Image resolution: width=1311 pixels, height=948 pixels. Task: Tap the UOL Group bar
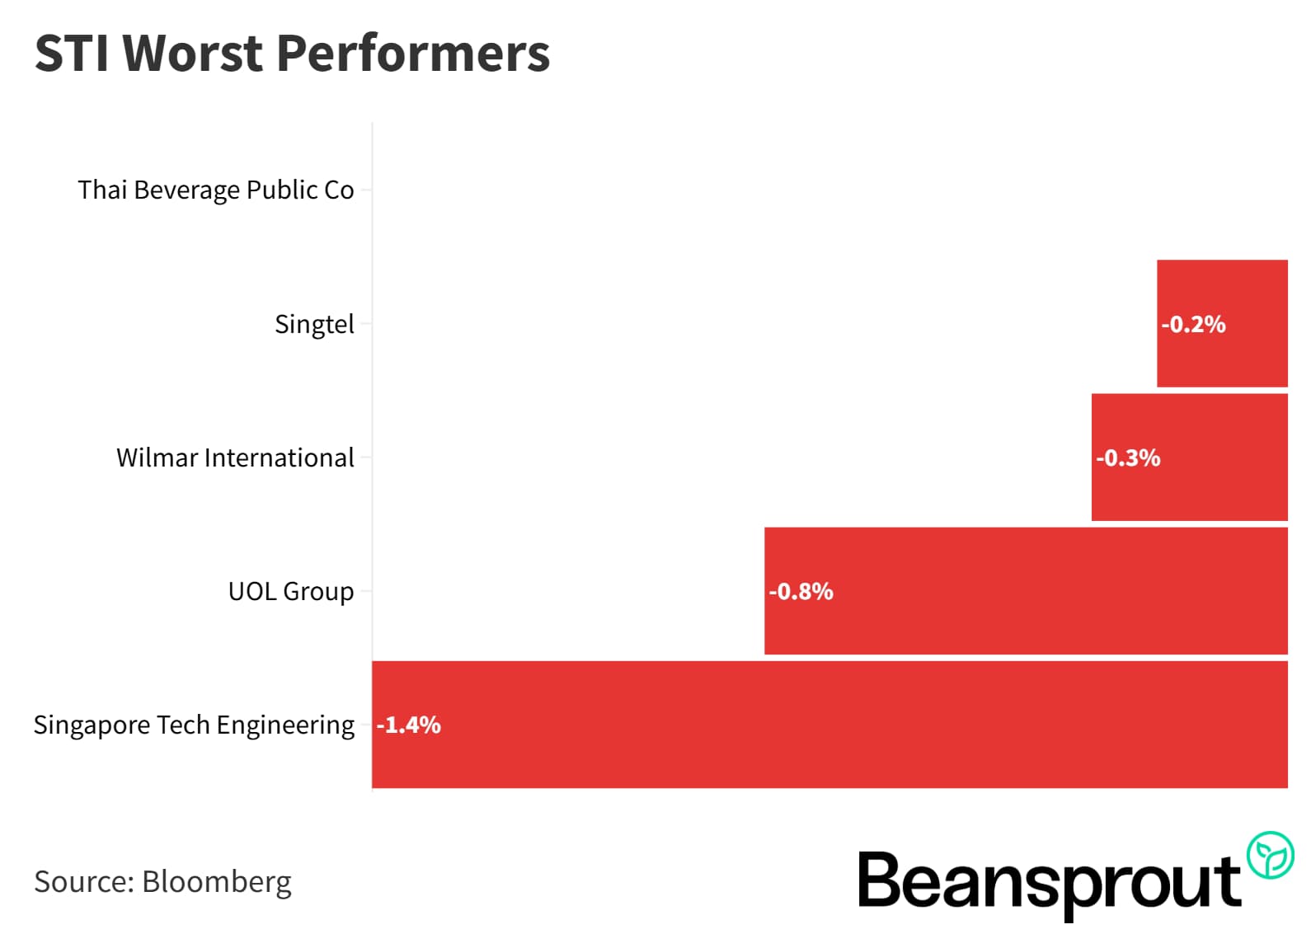1025,590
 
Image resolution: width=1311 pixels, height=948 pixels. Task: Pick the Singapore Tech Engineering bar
829,724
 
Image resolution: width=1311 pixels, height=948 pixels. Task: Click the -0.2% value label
1192,324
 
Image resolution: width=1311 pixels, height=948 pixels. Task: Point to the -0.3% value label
1127,458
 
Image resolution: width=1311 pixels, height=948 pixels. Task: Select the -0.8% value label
800,591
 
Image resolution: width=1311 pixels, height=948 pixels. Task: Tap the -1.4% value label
408,725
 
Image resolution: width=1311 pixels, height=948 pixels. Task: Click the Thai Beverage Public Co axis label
215,190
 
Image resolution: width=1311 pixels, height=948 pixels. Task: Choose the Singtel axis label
313,324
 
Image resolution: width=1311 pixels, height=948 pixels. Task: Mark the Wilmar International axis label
234,458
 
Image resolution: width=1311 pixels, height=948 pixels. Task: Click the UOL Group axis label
290,591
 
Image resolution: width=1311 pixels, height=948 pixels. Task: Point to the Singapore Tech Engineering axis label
193,725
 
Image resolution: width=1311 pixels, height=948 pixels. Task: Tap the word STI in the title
72,53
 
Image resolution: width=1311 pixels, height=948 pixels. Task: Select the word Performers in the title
412,53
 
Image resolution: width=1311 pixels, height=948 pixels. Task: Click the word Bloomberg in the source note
216,881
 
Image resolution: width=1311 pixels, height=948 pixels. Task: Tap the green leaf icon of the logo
1270,855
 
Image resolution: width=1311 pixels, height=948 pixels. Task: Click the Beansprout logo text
1049,882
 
